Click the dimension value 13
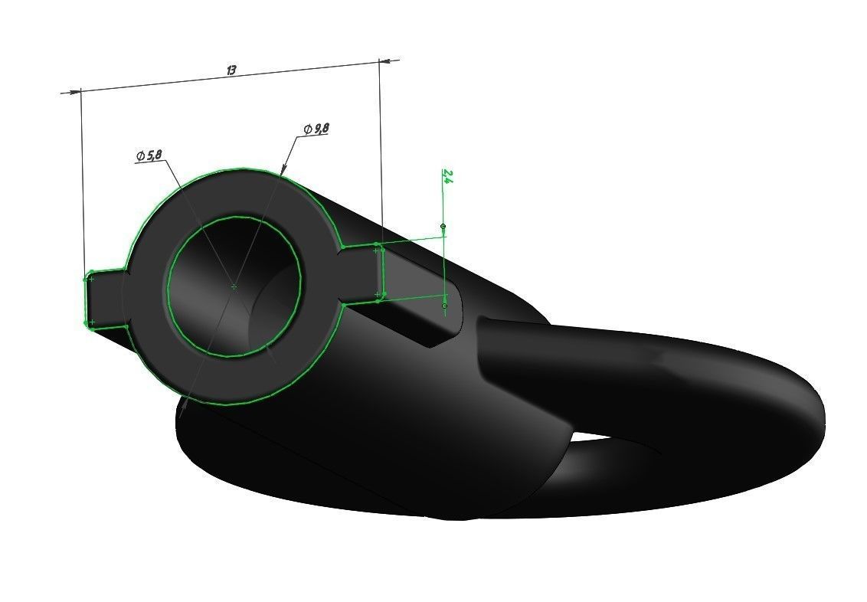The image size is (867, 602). tap(231, 70)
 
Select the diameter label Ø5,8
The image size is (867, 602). tap(149, 156)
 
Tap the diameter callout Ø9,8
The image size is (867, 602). tap(316, 129)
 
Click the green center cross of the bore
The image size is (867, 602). tap(234, 286)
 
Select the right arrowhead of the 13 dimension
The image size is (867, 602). tap(386, 59)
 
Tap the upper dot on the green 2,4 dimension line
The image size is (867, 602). tap(443, 227)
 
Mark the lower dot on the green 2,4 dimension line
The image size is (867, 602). tap(444, 306)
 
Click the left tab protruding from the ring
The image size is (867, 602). tap(104, 299)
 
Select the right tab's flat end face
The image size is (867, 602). tap(380, 272)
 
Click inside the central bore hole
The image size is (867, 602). tap(234, 287)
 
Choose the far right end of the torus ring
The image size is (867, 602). tap(820, 414)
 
